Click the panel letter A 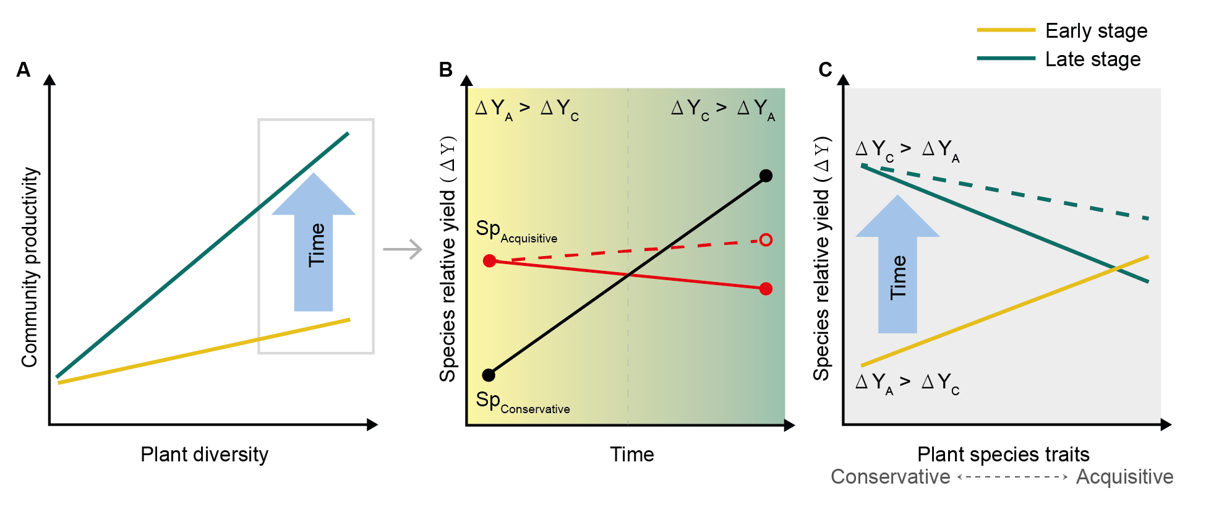(24, 70)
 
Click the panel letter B (445, 70)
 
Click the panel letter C (825, 70)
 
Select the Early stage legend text (1096, 31)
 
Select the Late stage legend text (1093, 59)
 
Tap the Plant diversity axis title (204, 455)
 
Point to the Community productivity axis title (30, 267)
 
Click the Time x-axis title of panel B (631, 455)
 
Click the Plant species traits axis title (1003, 455)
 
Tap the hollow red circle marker (766, 239)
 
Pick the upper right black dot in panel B (766, 176)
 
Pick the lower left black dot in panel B (489, 375)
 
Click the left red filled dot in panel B (489, 261)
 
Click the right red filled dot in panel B (766, 289)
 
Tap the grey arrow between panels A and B (403, 249)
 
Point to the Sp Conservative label (522, 403)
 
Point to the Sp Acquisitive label (516, 231)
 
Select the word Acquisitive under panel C (1124, 477)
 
